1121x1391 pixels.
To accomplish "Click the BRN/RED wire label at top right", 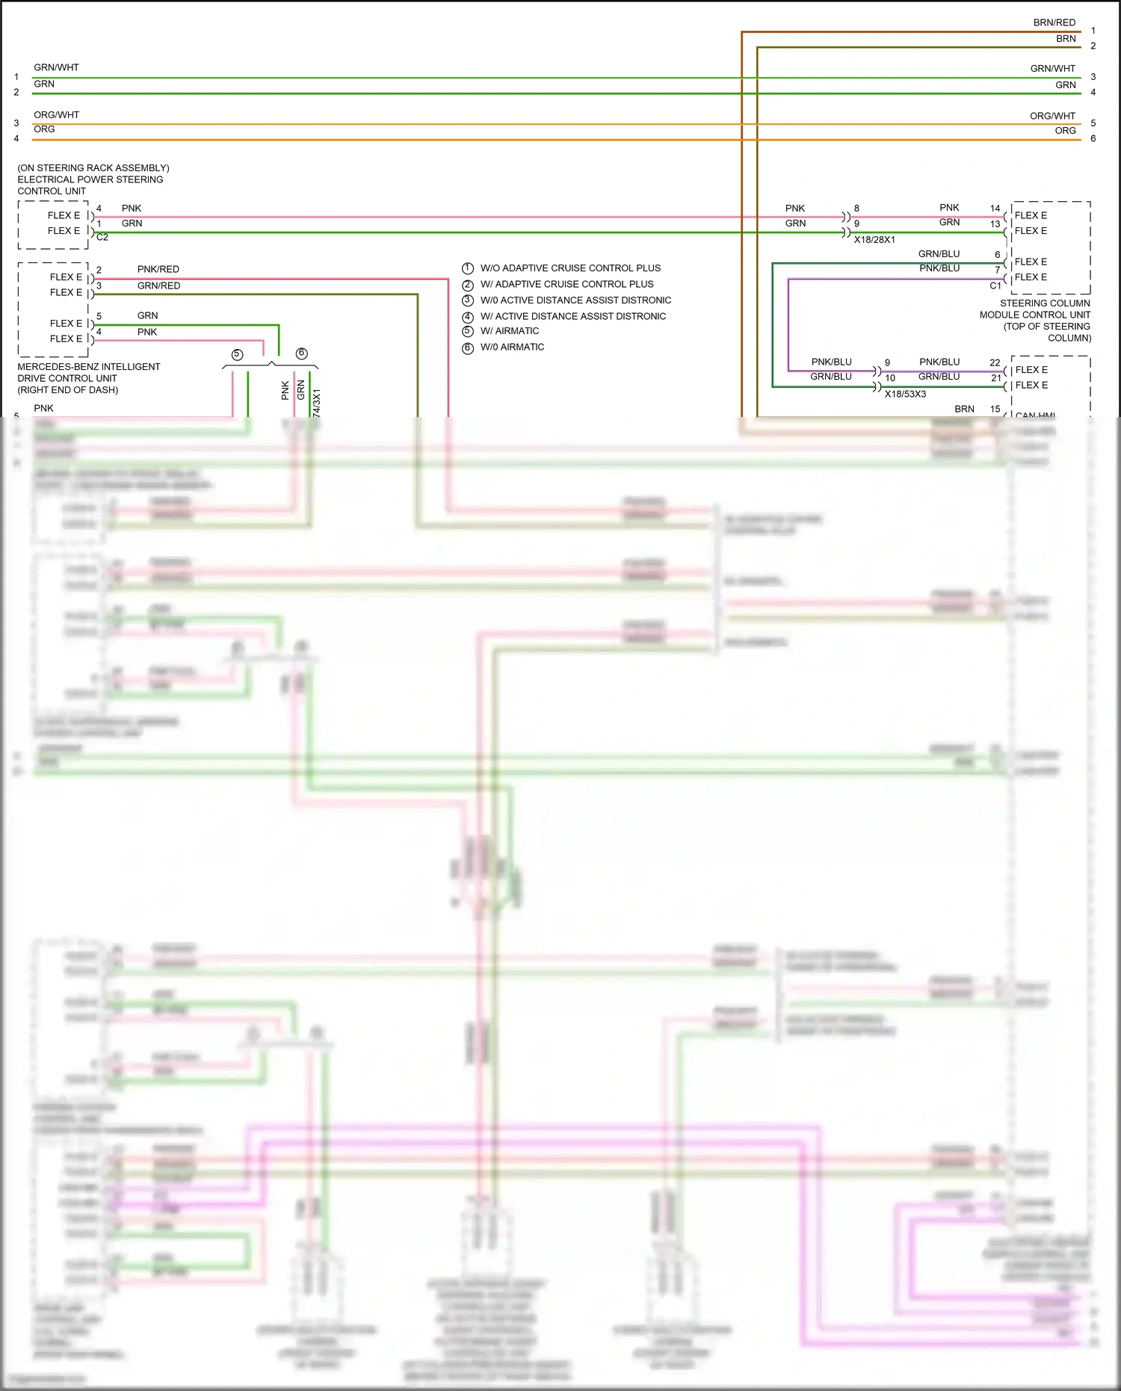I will click(1054, 22).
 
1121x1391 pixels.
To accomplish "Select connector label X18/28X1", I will click(874, 240).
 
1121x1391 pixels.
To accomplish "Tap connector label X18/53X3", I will click(905, 394).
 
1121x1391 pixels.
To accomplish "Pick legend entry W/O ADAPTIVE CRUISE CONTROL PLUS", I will click(570, 268).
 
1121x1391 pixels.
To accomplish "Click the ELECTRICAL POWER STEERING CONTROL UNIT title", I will click(90, 179).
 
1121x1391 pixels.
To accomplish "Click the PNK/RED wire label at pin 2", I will click(158, 269).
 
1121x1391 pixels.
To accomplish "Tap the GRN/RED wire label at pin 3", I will click(158, 286).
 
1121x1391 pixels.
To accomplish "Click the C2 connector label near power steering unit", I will click(102, 237).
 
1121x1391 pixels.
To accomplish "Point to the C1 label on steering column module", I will click(995, 286).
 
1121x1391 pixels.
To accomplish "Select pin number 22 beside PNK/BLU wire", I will click(995, 363).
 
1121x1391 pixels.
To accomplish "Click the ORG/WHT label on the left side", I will click(56, 115).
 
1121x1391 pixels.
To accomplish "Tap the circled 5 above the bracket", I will click(237, 354).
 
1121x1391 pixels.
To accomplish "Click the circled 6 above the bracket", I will click(301, 354).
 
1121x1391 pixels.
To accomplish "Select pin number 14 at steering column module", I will click(995, 209).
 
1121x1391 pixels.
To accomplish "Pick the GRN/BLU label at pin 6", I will click(939, 254).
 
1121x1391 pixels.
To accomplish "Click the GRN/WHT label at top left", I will click(56, 67).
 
